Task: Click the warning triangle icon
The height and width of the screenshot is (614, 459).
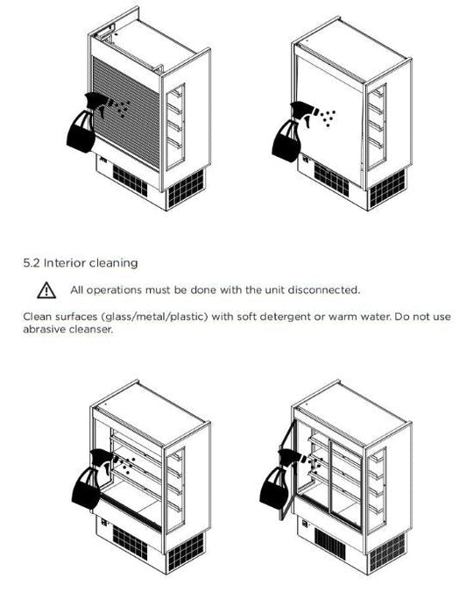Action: (x=46, y=290)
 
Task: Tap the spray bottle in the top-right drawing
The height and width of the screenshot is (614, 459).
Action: (x=293, y=132)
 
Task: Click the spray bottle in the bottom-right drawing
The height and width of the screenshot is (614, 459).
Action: (x=280, y=480)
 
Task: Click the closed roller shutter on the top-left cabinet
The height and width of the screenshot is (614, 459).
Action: (x=127, y=112)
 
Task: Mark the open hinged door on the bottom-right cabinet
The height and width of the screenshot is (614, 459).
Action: (x=287, y=470)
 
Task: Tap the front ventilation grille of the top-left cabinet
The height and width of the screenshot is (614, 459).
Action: (x=131, y=181)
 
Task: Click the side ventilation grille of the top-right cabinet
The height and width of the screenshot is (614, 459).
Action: (x=387, y=189)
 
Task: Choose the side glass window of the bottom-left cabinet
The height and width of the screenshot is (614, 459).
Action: (x=175, y=489)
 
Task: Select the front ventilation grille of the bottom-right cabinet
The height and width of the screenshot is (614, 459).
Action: (x=330, y=543)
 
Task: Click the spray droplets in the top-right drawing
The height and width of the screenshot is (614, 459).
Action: (x=328, y=118)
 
